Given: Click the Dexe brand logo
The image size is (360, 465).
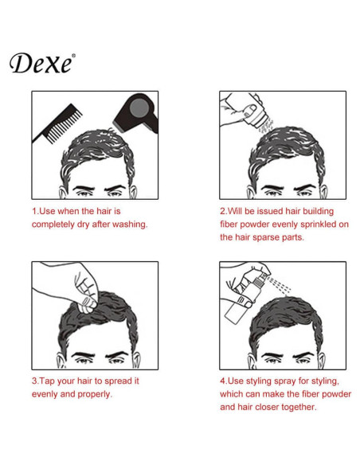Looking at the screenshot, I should [42, 63].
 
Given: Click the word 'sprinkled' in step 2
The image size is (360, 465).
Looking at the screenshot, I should [304, 225].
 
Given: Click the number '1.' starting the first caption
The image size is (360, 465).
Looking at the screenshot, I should [36, 212].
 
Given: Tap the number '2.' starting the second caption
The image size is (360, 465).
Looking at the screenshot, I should [224, 212].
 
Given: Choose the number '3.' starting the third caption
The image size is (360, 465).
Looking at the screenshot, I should [36, 381].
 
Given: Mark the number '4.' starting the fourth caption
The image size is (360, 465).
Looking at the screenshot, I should [224, 381].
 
